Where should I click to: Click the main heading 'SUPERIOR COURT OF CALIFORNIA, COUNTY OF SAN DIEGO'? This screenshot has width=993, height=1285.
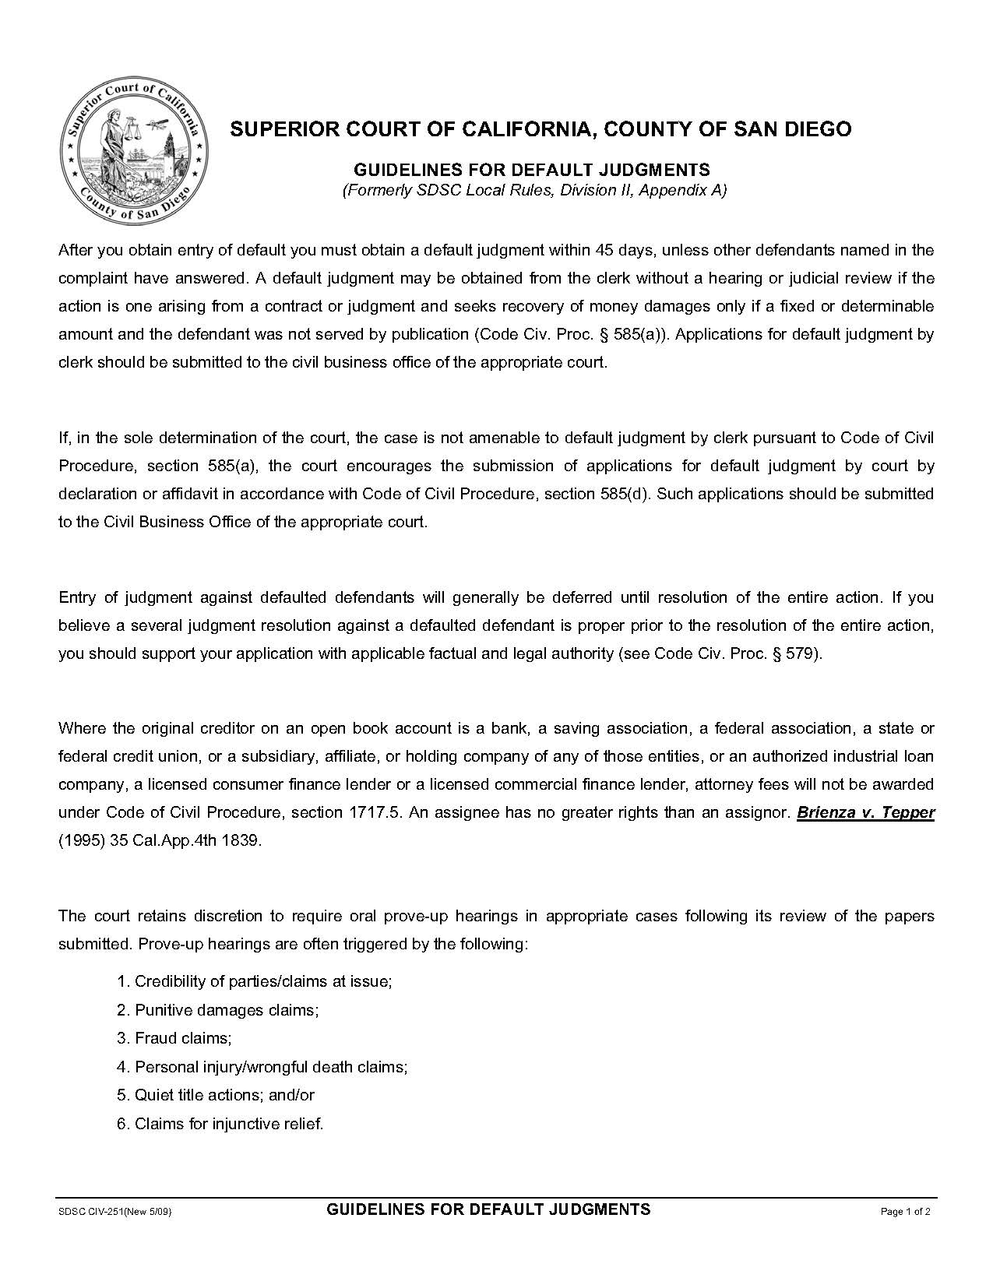click(541, 129)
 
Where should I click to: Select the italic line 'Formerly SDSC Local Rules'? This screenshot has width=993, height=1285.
click(534, 191)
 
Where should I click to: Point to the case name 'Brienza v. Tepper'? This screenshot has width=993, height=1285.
click(865, 812)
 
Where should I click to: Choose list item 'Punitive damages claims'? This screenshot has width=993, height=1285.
click(227, 1010)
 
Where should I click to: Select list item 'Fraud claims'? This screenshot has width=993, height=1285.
click(183, 1038)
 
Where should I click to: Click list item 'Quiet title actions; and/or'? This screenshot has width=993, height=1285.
click(224, 1095)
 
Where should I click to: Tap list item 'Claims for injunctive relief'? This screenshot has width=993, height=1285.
click(229, 1123)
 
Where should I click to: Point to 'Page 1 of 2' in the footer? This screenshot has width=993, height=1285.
click(905, 1212)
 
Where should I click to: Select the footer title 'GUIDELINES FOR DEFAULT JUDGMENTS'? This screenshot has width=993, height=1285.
click(488, 1209)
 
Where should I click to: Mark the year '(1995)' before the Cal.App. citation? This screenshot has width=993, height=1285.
click(81, 840)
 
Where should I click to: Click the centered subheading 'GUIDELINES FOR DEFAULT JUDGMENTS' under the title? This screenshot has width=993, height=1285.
click(532, 170)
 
